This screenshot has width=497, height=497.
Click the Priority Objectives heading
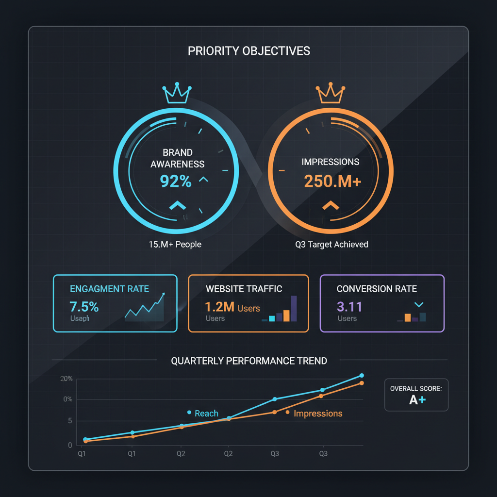click(x=248, y=51)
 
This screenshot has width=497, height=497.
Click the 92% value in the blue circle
click(x=176, y=181)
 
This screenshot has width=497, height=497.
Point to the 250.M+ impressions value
click(x=332, y=181)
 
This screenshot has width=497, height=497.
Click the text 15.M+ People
click(x=175, y=244)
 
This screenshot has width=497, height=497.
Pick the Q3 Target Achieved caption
click(x=331, y=244)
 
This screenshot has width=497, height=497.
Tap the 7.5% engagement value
click(x=84, y=307)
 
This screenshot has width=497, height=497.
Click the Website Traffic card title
click(x=244, y=289)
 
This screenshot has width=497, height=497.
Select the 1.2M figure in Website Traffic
click(x=220, y=307)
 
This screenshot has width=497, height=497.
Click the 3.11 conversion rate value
click(x=349, y=307)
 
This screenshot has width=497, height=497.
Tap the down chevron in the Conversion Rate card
click(x=419, y=304)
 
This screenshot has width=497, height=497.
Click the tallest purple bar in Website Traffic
click(x=293, y=309)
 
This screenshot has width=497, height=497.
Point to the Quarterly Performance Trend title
click(x=249, y=361)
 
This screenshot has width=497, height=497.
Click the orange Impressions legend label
click(x=318, y=414)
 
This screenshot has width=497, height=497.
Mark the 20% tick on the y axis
click(x=66, y=379)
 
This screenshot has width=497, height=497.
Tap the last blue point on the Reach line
click(x=362, y=375)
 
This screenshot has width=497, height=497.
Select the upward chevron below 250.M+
click(x=331, y=205)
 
